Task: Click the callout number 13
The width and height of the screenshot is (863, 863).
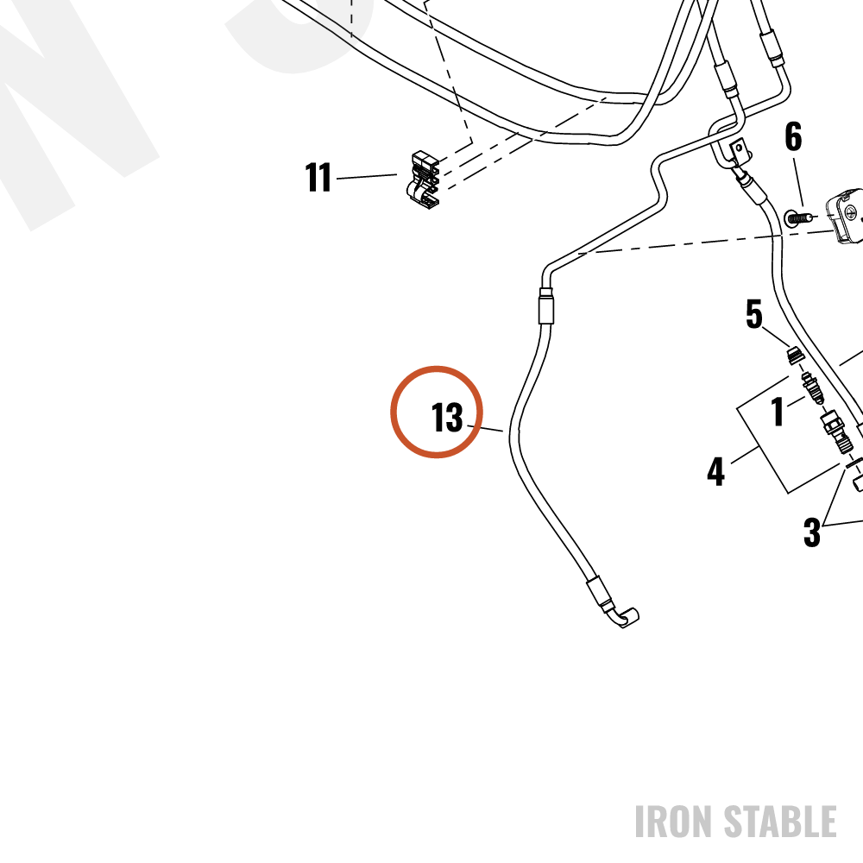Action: click(447, 417)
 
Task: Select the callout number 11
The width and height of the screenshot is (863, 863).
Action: click(318, 177)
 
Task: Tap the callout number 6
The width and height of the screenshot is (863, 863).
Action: click(793, 136)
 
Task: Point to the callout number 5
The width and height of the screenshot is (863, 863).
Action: click(754, 314)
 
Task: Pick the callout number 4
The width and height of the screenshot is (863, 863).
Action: click(715, 471)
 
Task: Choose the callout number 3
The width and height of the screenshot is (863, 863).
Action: click(812, 532)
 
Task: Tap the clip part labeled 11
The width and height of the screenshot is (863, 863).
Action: click(425, 180)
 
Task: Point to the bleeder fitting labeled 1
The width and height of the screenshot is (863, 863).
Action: click(812, 387)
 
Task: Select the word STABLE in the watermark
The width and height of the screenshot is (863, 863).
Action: click(780, 822)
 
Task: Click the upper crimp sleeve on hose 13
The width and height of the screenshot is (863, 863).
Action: click(546, 306)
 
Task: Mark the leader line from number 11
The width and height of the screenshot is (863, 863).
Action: click(367, 177)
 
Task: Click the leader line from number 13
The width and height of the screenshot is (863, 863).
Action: click(485, 428)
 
